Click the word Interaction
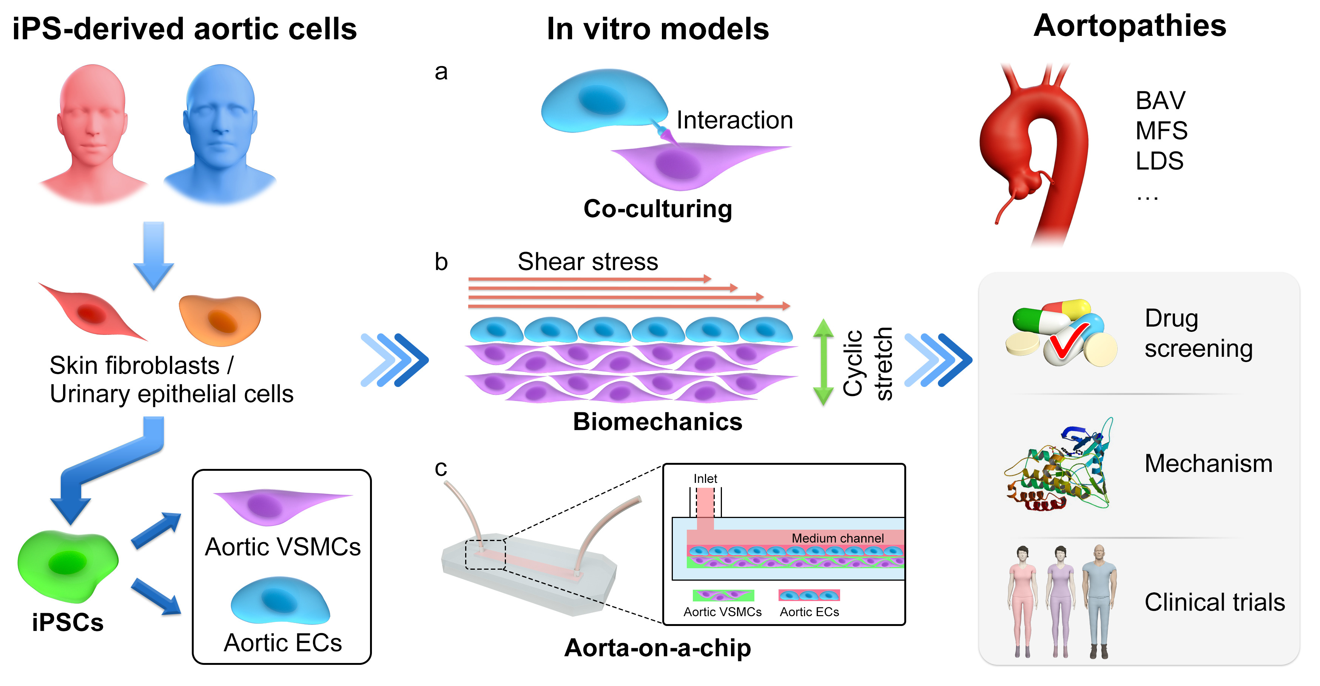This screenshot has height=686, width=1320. click(x=734, y=120)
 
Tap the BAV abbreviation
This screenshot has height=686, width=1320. click(x=1160, y=100)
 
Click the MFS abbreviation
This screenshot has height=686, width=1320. click(x=1161, y=131)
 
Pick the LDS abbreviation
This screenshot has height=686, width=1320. click(x=1159, y=161)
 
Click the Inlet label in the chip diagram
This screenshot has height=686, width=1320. click(x=705, y=478)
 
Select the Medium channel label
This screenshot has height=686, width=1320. click(x=837, y=538)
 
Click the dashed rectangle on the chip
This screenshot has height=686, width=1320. click(x=485, y=554)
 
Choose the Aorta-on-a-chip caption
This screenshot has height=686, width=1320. click(x=657, y=648)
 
